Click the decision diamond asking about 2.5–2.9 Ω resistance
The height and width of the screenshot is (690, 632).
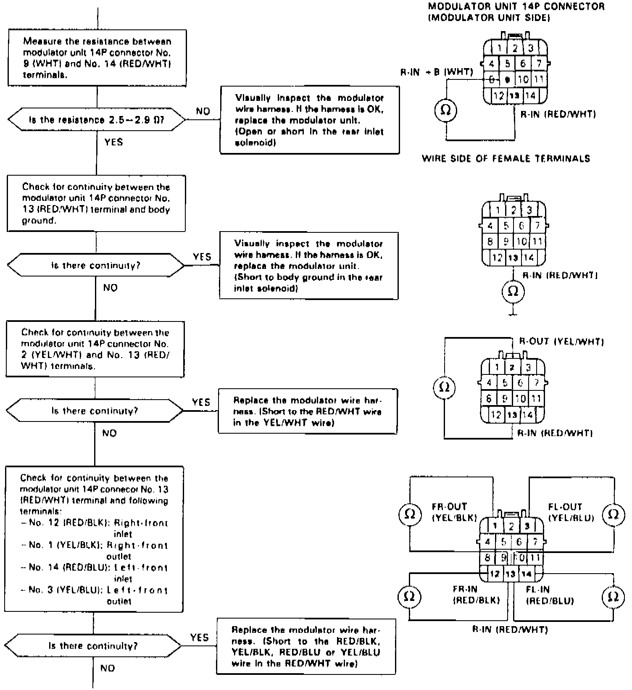pyautogui.click(x=97, y=120)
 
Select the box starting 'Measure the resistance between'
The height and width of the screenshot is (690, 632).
pyautogui.click(x=97, y=58)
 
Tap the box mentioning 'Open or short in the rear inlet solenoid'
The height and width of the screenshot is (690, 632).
pyautogui.click(x=310, y=120)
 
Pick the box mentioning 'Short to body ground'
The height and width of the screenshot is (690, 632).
pyautogui.click(x=309, y=266)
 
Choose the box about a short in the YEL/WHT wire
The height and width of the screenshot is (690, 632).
pyautogui.click(x=308, y=411)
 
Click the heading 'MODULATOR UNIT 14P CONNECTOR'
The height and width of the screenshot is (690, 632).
pyautogui.click(x=516, y=7)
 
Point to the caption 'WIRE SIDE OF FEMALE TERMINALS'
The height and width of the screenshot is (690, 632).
pyautogui.click(x=506, y=158)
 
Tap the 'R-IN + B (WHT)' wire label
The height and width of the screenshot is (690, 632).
pyautogui.click(x=437, y=72)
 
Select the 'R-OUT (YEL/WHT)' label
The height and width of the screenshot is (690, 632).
pyautogui.click(x=561, y=341)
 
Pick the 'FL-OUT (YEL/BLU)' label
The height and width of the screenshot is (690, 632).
pyautogui.click(x=571, y=512)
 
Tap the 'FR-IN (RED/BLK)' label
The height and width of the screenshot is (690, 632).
pyautogui.click(x=477, y=595)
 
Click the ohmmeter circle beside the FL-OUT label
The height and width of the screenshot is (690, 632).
pyautogui.click(x=613, y=514)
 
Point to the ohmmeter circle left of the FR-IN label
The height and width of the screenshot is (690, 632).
pyautogui.click(x=409, y=597)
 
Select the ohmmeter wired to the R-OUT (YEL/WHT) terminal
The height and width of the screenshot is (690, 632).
pyautogui.click(x=444, y=387)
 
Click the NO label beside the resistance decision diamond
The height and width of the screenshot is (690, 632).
pyautogui.click(x=203, y=111)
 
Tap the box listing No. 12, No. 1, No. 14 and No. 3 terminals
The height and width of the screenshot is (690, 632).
pyautogui.click(x=95, y=539)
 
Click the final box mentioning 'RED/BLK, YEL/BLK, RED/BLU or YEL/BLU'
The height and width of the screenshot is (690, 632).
pyautogui.click(x=306, y=646)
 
